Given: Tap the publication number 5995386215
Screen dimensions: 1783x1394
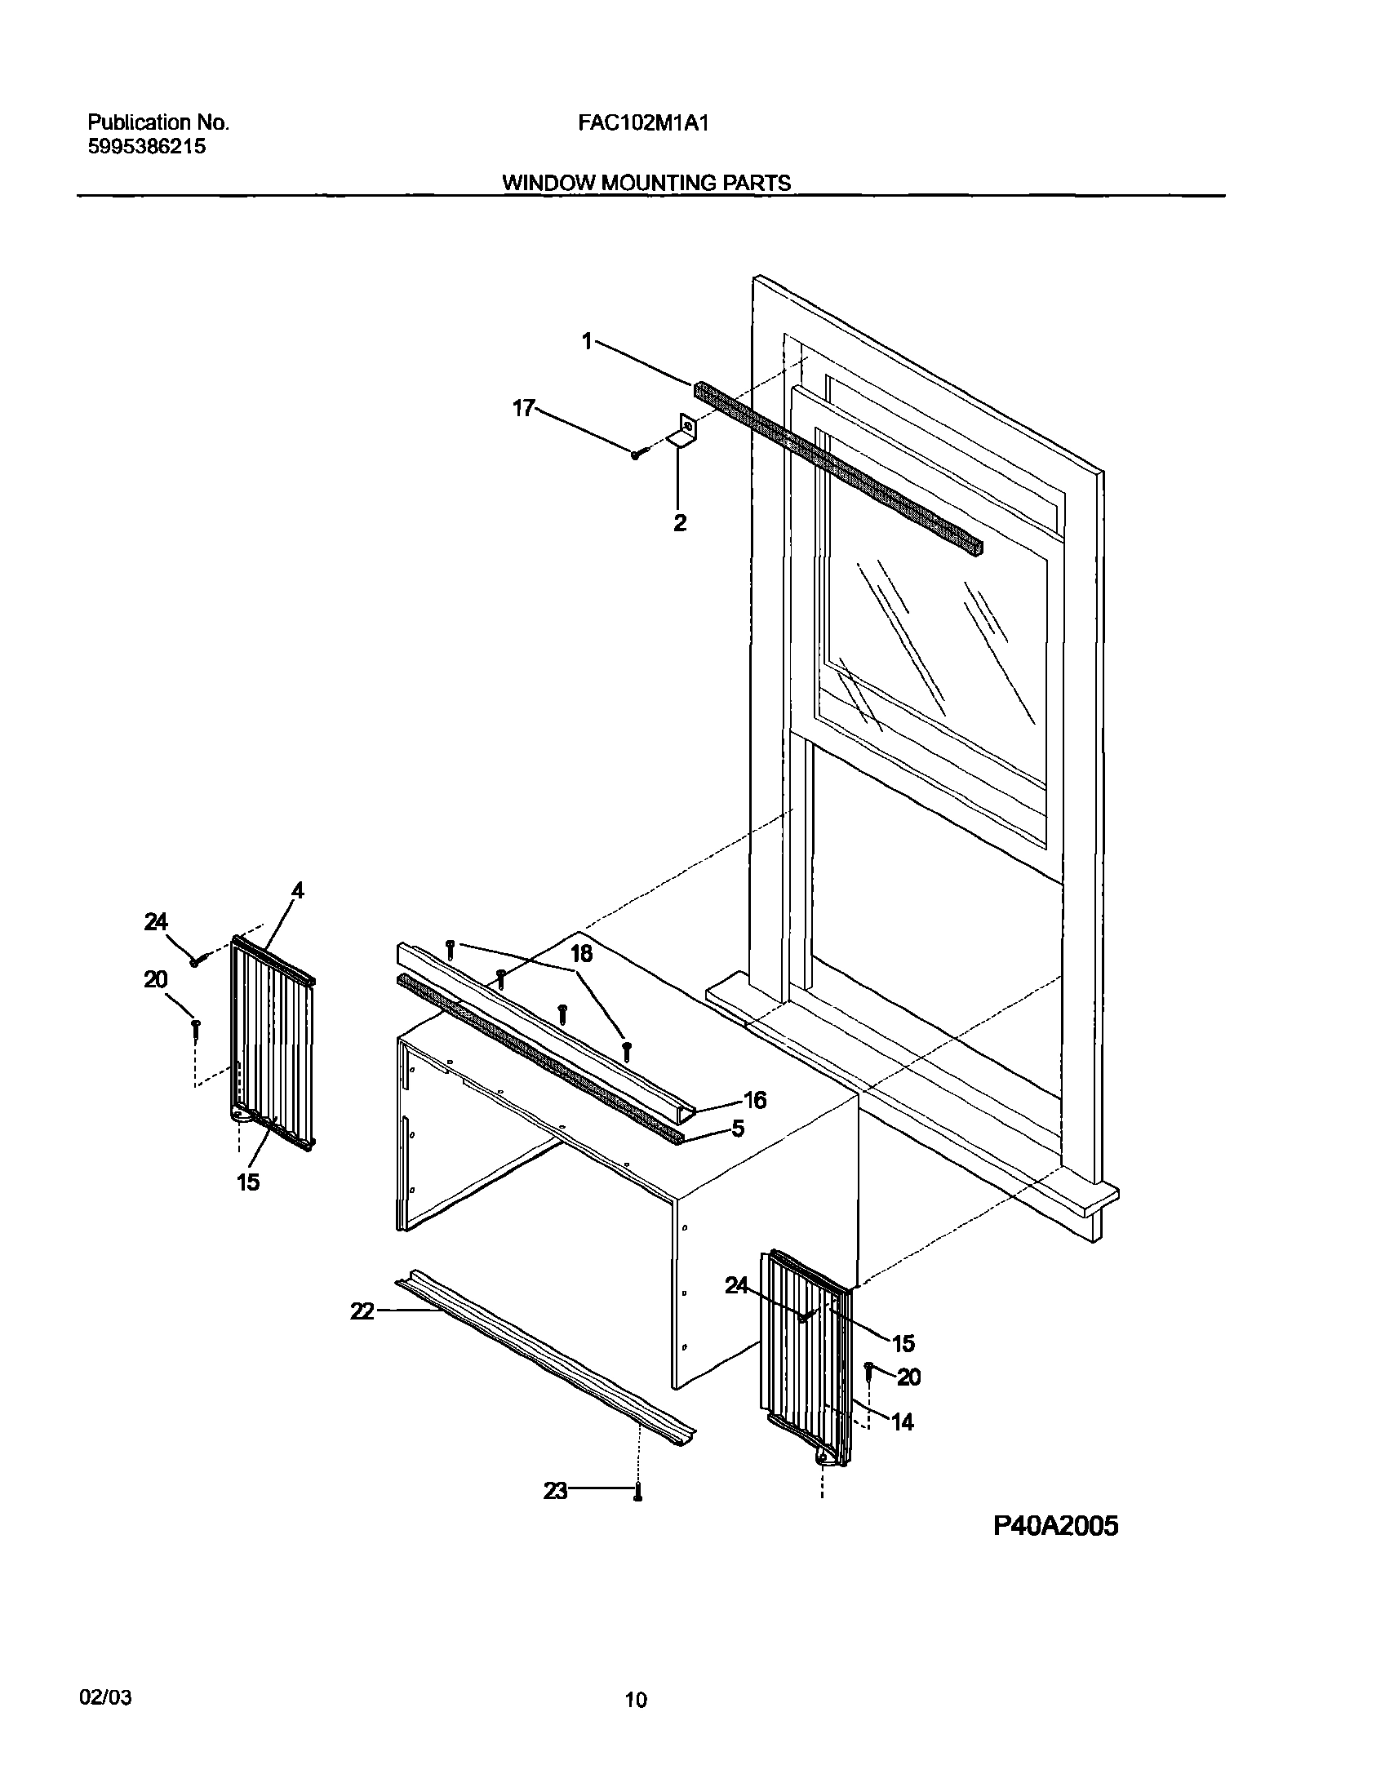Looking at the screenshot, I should click(x=146, y=147).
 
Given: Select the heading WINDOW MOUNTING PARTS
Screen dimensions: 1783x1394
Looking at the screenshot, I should click(x=646, y=183).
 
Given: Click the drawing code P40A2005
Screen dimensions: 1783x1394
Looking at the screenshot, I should click(x=1056, y=1525).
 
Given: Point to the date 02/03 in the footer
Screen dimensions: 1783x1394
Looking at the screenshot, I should click(x=105, y=1692).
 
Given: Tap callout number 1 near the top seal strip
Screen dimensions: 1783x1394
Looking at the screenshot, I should click(x=587, y=341).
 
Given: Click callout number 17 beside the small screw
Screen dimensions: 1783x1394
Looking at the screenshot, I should click(x=522, y=407).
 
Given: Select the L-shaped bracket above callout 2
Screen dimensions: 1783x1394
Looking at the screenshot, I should click(x=683, y=430).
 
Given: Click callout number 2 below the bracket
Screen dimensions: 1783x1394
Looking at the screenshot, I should click(x=679, y=523).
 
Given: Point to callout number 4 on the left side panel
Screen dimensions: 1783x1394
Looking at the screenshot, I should click(x=297, y=890).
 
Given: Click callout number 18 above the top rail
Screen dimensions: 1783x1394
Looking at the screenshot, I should click(x=581, y=954).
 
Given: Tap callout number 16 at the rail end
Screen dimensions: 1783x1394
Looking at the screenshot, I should click(x=755, y=1101).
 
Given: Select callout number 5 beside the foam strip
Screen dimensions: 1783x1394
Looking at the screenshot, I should click(x=738, y=1129).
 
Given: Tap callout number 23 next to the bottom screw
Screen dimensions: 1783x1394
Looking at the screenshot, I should click(x=555, y=1492).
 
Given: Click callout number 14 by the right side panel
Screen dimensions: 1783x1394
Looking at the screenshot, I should click(x=902, y=1422).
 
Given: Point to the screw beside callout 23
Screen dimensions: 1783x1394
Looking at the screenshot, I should click(x=638, y=1492).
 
